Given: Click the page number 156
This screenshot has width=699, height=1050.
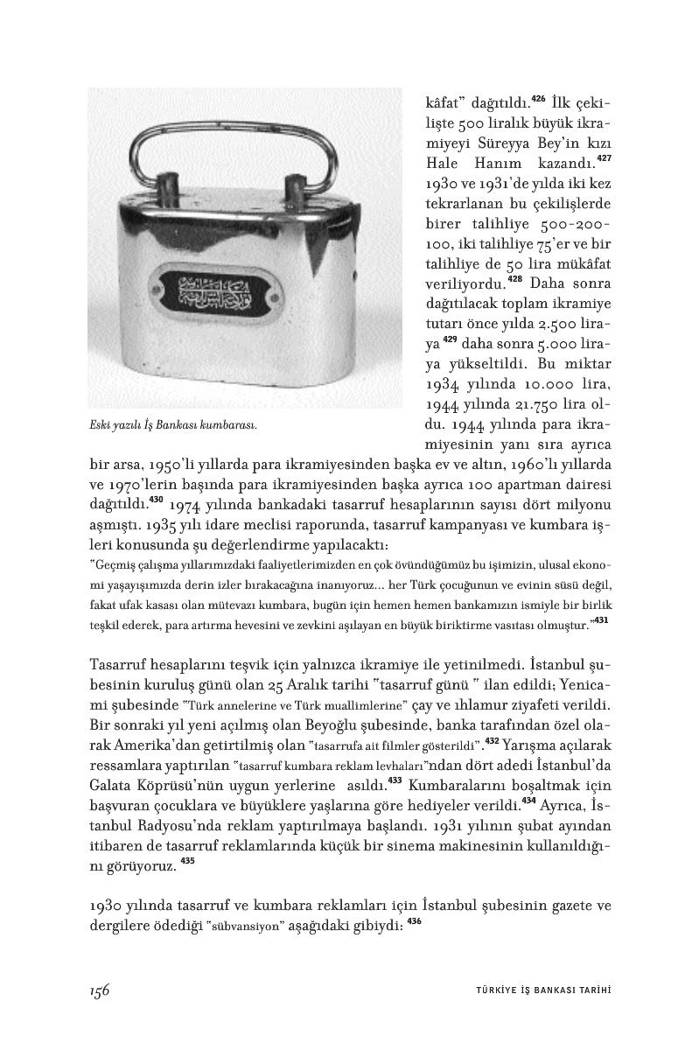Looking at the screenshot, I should [99, 989].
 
